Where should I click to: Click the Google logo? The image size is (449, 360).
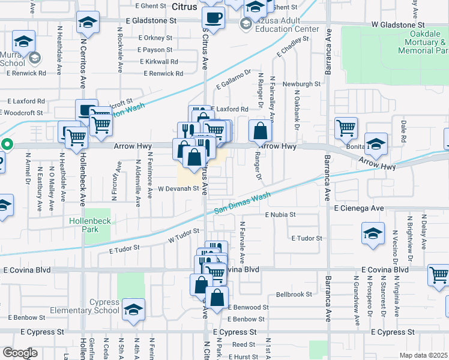[20, 353]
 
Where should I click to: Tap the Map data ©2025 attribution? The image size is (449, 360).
[423, 355]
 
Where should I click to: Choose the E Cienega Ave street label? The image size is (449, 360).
[358, 208]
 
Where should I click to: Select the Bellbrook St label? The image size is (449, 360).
[294, 295]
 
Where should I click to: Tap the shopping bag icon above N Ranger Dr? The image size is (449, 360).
[259, 131]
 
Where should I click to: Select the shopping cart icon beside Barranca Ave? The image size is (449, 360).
[346, 128]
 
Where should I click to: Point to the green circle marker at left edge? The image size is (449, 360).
[7, 144]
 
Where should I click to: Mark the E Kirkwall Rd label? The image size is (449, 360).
[158, 62]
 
